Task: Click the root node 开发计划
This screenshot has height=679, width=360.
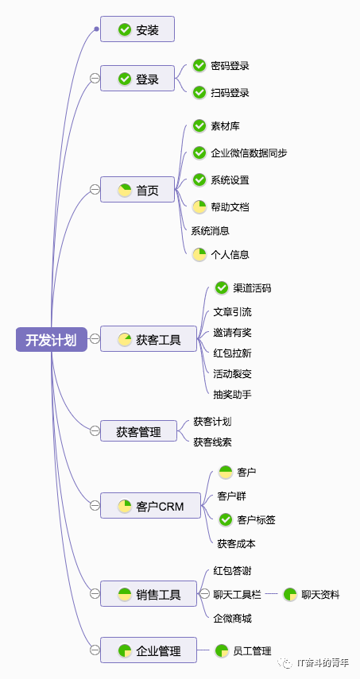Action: click(51, 340)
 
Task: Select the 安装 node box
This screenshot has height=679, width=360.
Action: click(137, 30)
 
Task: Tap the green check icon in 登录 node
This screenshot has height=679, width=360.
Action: click(125, 79)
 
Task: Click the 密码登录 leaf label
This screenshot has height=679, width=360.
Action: click(230, 66)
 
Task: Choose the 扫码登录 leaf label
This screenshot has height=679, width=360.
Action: click(230, 93)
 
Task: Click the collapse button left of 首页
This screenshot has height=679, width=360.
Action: click(95, 189)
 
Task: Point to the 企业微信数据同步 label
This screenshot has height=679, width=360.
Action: click(248, 152)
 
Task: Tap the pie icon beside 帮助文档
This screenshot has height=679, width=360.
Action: click(199, 206)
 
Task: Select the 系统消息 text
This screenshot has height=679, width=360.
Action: click(210, 230)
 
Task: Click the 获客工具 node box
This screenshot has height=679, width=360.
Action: click(148, 340)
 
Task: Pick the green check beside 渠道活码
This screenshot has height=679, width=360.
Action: click(222, 287)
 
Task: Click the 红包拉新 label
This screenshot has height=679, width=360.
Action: click(232, 353)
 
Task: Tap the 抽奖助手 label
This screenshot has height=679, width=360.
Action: click(232, 394)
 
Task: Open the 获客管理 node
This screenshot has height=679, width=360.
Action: click(138, 431)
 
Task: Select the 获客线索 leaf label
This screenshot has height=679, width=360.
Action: click(212, 442)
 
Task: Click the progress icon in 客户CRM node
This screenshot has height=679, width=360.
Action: click(125, 506)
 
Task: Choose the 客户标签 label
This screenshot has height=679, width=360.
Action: click(256, 519)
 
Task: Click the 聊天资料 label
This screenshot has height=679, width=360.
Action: click(319, 594)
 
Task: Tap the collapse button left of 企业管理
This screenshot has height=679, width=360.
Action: click(95, 650)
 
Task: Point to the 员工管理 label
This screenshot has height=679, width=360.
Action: click(252, 651)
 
